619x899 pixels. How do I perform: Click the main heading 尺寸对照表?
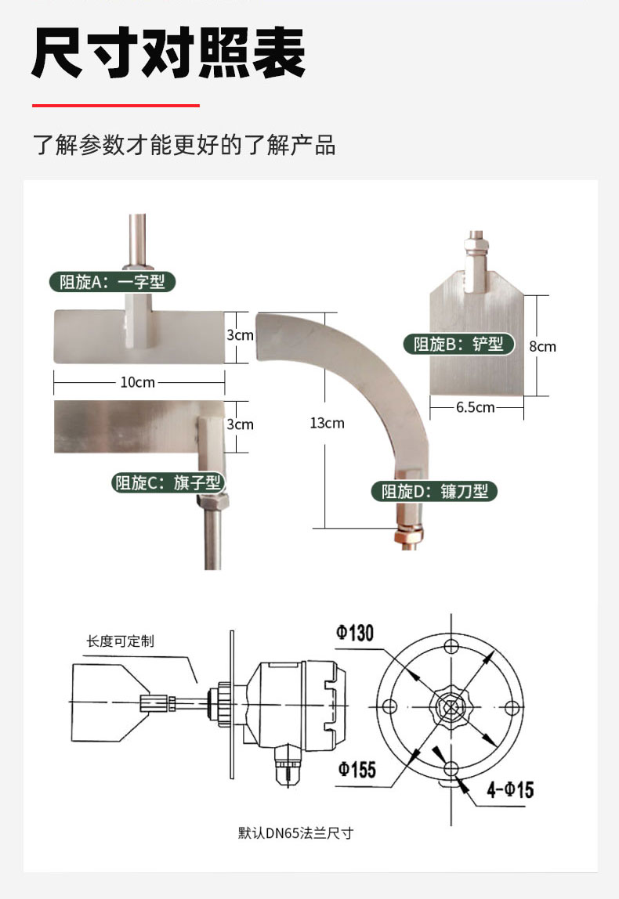168,53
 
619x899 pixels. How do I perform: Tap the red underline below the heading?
115,105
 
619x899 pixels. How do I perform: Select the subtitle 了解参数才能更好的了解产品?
184,145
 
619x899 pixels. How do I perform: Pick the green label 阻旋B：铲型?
458,343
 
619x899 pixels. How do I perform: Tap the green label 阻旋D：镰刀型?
435,491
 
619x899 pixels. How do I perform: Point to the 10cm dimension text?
137,382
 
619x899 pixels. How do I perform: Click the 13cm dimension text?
327,423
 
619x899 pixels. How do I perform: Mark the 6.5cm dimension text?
475,406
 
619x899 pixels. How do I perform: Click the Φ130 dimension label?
355,633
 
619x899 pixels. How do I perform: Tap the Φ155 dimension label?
357,769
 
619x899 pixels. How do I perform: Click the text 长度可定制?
120,641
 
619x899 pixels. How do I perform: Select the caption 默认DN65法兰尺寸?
295,832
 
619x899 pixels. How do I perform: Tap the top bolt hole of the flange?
450,647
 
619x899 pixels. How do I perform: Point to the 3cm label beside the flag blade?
240,424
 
